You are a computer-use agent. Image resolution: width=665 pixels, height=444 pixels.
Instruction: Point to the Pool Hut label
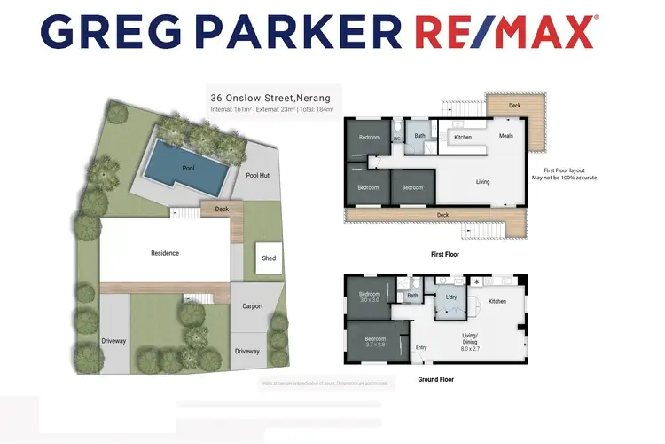(x=258, y=175)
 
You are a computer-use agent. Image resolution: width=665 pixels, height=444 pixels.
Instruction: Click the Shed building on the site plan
(x=269, y=258)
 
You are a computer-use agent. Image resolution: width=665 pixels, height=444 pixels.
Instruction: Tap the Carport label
(x=253, y=306)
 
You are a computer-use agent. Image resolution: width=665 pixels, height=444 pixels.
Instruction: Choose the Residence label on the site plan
(x=164, y=253)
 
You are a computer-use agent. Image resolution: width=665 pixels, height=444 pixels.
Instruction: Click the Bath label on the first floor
(x=420, y=136)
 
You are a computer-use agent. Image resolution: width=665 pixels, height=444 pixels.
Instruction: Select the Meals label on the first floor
(x=506, y=136)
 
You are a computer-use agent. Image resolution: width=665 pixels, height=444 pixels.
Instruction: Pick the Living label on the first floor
(x=482, y=182)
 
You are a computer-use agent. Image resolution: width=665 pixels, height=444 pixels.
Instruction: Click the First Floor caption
(x=443, y=254)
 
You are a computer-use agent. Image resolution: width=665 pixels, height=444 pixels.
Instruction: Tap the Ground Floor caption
(x=437, y=377)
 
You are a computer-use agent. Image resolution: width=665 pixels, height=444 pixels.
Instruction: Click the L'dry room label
(x=451, y=294)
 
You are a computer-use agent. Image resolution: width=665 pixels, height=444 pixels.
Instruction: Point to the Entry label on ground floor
(x=420, y=346)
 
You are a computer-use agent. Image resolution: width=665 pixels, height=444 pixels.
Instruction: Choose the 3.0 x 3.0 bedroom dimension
(x=369, y=300)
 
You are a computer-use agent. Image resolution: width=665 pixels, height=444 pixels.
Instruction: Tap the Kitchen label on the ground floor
(x=497, y=301)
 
